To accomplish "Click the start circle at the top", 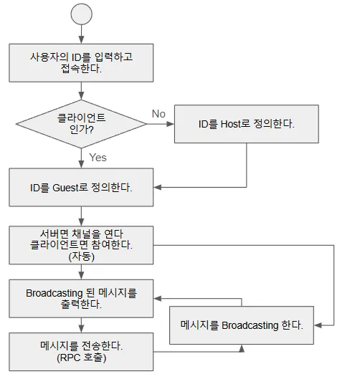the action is point(81,14).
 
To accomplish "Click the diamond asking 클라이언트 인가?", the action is point(81,124).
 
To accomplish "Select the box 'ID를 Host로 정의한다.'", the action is point(247,124).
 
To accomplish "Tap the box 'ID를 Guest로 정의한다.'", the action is point(81,187).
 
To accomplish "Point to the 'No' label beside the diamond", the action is point(158,114).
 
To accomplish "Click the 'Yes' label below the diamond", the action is point(98,158).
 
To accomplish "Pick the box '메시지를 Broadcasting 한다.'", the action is point(242,325).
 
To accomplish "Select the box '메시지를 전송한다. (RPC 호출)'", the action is point(81,352).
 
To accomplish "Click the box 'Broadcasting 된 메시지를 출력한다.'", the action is point(81,299).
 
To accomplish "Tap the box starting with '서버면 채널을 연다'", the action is point(81,245).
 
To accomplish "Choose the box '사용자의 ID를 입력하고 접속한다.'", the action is point(81,63).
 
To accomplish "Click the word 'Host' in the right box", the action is point(230,124).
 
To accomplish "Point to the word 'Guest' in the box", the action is point(65,188).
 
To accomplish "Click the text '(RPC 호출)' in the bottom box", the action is point(81,358).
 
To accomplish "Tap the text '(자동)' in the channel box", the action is point(81,256).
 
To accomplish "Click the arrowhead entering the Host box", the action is point(171,124).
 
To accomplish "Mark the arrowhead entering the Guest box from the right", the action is point(158,187).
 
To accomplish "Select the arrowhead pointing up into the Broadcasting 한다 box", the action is point(242,348).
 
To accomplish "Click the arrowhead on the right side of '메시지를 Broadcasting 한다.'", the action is point(318,325).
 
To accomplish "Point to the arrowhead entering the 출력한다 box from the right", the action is point(158,299).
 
